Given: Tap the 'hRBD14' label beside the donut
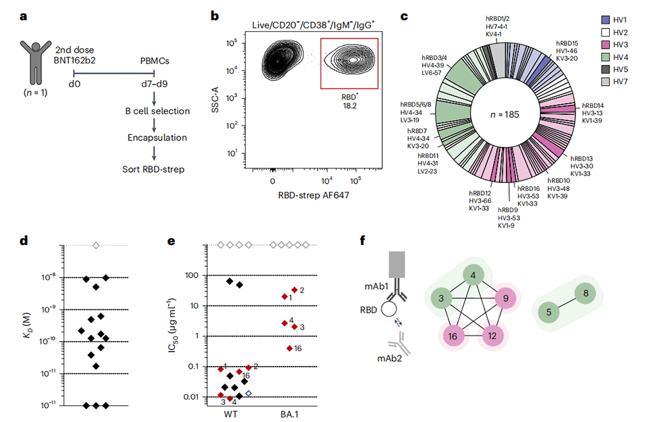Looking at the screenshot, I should pyautogui.click(x=592, y=105).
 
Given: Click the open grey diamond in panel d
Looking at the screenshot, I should pyautogui.click(x=96, y=245).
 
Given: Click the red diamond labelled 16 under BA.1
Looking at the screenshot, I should pyautogui.click(x=290, y=348).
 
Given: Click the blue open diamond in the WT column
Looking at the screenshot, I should pyautogui.click(x=249, y=393).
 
